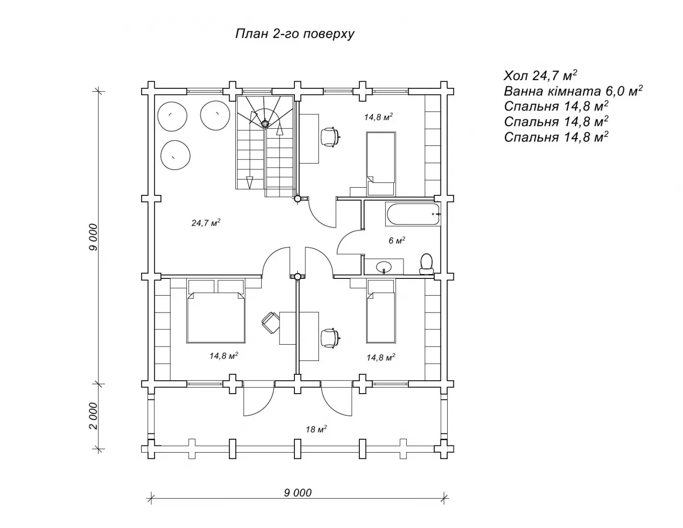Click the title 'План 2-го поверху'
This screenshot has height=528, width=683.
tap(294, 34)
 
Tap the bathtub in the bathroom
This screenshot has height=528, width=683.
tap(413, 214)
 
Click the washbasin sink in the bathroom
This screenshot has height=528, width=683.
tap(384, 267)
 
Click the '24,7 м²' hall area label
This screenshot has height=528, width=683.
tap(206, 223)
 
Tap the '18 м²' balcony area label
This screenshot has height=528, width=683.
tap(316, 429)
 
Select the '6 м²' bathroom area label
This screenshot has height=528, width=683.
tap(397, 240)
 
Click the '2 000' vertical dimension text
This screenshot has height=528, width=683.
tap(93, 416)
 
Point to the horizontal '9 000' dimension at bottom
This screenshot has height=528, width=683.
tap(298, 492)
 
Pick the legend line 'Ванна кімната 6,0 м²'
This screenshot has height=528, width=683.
tap(573, 91)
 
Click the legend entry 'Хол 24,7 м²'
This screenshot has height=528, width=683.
tap(540, 75)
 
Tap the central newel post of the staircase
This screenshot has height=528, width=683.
tap(265, 124)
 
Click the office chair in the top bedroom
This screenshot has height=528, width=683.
tap(330, 137)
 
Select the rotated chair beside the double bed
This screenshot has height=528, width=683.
tap(270, 323)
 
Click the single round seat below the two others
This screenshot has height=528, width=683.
tap(175, 155)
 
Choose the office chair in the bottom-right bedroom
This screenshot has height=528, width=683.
tap(330, 338)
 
